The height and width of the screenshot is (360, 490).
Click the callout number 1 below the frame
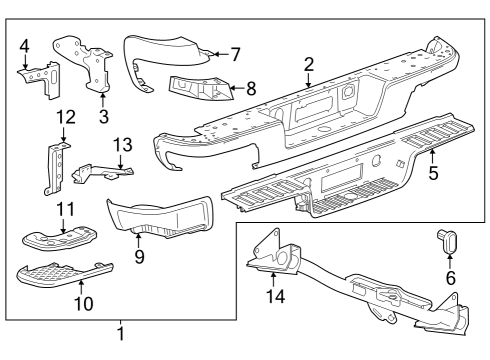pos(121,334)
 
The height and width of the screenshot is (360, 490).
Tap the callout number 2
pos(309,65)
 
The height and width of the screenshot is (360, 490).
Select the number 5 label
pos(433,173)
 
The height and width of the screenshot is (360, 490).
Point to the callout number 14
pos(276,296)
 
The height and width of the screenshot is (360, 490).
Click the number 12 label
pos(66,117)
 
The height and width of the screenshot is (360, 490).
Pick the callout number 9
pos(140,256)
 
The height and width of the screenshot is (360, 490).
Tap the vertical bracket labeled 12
pos(55,168)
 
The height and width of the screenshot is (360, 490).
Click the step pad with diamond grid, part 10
pos(63,273)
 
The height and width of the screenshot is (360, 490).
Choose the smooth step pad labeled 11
pos(60,238)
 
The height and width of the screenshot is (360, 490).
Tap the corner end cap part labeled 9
pos(160,218)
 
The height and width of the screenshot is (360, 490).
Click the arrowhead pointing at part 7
pos(215,54)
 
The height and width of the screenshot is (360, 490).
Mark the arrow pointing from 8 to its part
pos(237,88)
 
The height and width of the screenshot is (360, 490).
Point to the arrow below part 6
pos(449,262)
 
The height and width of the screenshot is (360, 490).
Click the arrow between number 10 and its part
pos(81,288)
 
